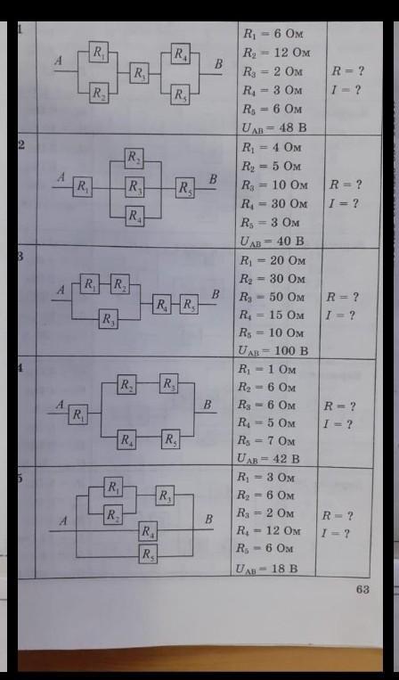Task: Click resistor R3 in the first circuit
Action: coord(140,73)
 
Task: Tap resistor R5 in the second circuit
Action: coord(185,188)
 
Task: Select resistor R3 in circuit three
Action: coord(108,319)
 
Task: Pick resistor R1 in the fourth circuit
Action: coord(78,414)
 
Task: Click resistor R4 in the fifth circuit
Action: coord(148,531)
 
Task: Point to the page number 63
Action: coord(362,590)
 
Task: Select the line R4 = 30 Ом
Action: coord(274,204)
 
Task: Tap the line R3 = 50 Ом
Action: coord(273,297)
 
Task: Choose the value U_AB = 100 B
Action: coord(273,350)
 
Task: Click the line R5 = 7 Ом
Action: coord(266,440)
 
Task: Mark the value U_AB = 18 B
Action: coord(267,569)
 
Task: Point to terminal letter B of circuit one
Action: coord(218,64)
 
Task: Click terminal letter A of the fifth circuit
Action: coord(63,520)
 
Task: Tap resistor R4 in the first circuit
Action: coord(180,53)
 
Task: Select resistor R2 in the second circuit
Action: coord(134,159)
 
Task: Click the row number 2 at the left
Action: coord(20,144)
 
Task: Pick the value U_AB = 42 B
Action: coord(268,458)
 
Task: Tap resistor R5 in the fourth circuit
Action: coord(171,439)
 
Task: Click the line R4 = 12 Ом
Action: coord(268,530)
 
